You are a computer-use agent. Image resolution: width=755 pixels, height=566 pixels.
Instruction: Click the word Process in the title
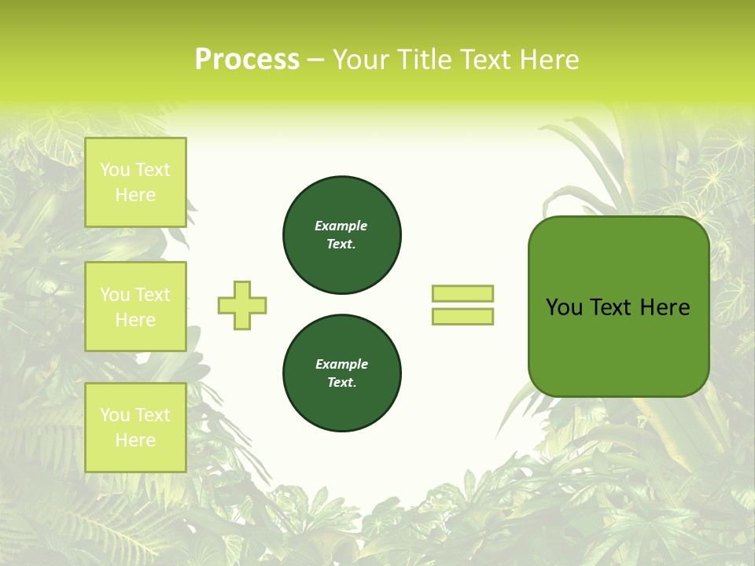[x=247, y=60]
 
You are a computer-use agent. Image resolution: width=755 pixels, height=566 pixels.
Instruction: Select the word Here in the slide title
[x=547, y=60]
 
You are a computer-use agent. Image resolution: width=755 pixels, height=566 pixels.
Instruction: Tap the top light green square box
[x=135, y=182]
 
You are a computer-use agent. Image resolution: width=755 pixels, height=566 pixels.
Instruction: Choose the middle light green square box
[x=135, y=307]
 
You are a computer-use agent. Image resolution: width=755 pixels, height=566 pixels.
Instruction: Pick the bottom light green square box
[x=135, y=427]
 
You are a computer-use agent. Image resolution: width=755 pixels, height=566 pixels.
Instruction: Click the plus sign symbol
[x=242, y=305]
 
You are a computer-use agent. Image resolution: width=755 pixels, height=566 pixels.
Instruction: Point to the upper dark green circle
[x=341, y=235]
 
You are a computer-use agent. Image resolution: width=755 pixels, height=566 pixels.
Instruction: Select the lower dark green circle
[x=341, y=373]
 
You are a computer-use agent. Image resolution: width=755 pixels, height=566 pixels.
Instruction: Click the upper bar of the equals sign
[x=462, y=293]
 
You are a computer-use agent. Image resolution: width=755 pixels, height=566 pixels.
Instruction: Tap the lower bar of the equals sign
[x=462, y=316]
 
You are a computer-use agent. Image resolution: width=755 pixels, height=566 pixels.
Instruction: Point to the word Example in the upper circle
[x=341, y=226]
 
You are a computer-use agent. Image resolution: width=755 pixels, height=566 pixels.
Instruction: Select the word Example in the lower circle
[x=341, y=364]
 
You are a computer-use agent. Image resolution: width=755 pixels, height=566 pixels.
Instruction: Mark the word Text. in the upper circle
[x=341, y=244]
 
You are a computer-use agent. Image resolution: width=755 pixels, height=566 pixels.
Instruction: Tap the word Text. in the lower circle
[x=341, y=383]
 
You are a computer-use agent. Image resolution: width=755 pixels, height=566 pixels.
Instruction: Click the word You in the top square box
[x=115, y=170]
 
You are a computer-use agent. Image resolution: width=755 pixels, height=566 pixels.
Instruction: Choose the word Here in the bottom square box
[x=135, y=440]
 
